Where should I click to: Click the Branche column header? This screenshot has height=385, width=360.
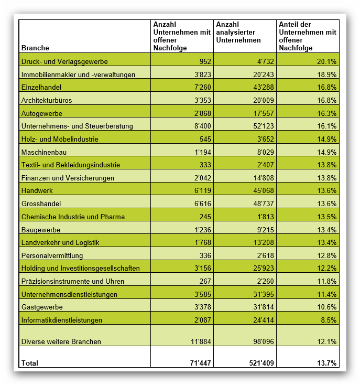pos(35,48)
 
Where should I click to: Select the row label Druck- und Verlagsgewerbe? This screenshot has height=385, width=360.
pos(64,61)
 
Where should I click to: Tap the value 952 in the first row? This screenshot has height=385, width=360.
pos(205,61)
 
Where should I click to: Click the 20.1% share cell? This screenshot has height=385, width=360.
pos(326,61)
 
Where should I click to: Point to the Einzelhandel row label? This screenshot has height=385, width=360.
pos(41,87)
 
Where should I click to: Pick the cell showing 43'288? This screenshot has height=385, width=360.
pos(264,87)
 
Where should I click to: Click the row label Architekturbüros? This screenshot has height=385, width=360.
pos(47,100)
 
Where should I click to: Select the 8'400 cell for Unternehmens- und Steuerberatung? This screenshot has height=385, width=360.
pos(203,126)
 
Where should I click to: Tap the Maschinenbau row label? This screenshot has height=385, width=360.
pos(44,152)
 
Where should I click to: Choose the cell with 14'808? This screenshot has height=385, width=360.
pos(264,178)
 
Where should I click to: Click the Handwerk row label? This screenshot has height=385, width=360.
pos(37,190)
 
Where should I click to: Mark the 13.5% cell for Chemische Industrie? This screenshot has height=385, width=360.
pos(326,217)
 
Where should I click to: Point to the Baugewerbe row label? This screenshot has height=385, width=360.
pos(41,230)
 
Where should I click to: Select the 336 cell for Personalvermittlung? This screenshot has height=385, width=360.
pos(205,255)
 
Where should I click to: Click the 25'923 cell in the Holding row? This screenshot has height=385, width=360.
pos(264,268)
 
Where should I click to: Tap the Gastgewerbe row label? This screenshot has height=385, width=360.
pos(42,307)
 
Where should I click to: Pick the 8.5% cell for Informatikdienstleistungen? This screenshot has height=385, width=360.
pos(329,320)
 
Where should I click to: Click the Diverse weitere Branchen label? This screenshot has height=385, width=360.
pos(61,341)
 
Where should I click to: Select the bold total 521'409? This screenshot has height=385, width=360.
pos(261,363)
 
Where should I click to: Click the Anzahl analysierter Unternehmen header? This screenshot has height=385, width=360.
pos(238,32)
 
